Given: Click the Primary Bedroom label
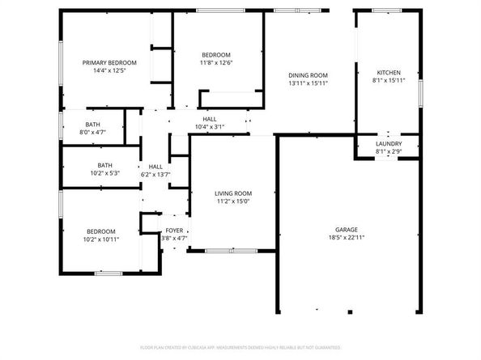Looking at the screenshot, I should [x=109, y=62].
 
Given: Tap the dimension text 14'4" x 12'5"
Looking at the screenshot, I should [x=109, y=70].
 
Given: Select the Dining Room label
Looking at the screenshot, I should [x=309, y=75].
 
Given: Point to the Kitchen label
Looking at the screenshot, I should [x=388, y=72].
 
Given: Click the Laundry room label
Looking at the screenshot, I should [x=388, y=144].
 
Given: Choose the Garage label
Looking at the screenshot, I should [x=347, y=229].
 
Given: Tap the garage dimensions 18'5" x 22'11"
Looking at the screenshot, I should [x=347, y=237].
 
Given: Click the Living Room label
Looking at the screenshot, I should [x=233, y=193].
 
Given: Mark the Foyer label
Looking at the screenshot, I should [x=174, y=231].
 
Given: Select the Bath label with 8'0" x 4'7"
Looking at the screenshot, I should [x=93, y=124].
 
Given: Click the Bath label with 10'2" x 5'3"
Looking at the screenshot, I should [x=105, y=164].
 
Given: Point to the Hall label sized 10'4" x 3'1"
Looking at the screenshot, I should [x=210, y=119].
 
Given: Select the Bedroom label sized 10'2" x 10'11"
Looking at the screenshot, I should [x=101, y=231].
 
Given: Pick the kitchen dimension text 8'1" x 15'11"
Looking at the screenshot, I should [x=388, y=80].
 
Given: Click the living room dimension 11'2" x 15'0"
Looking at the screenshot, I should [x=233, y=201].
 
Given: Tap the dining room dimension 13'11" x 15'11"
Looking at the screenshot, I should [x=309, y=83].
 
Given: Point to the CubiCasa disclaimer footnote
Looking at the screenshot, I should [x=240, y=347].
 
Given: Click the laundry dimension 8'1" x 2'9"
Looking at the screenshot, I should [x=388, y=152].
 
